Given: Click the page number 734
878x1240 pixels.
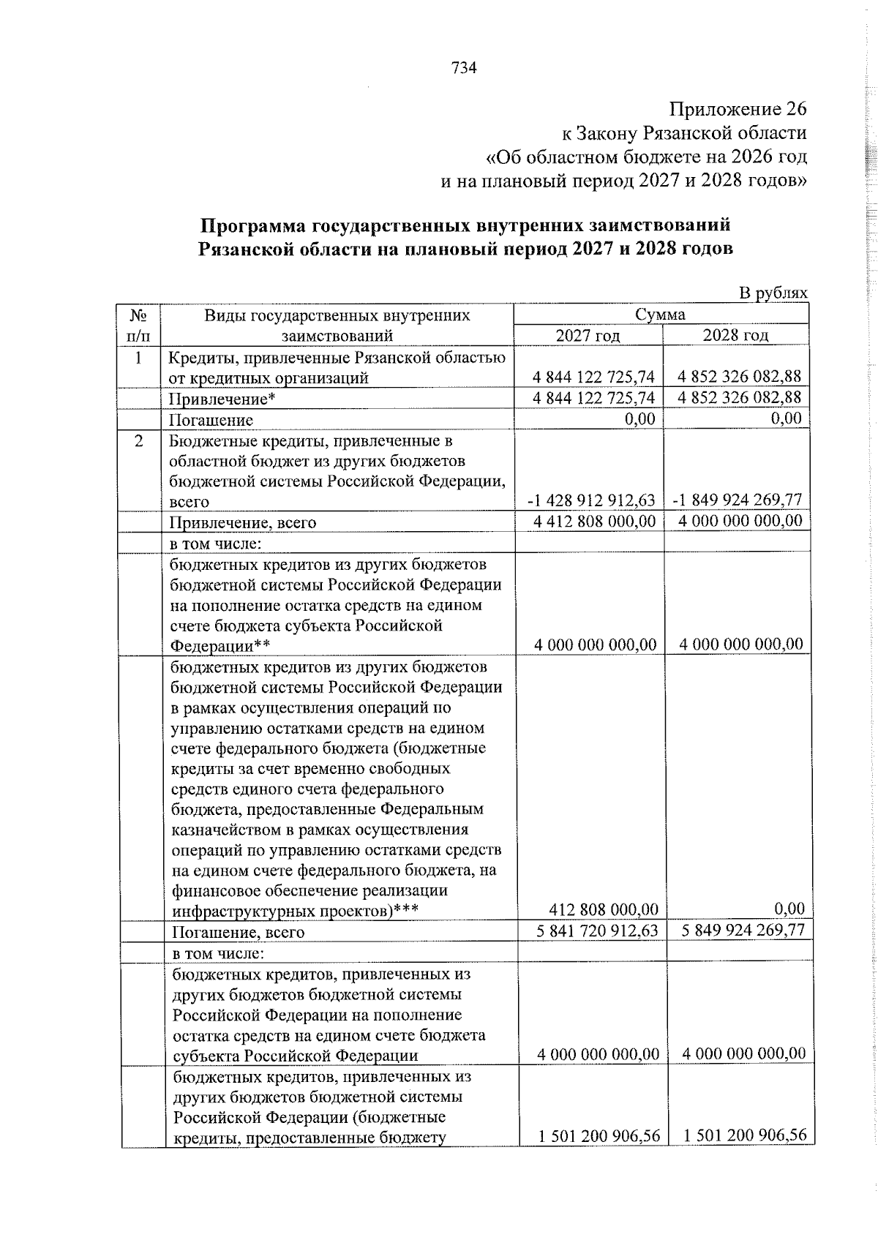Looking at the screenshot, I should [x=464, y=68].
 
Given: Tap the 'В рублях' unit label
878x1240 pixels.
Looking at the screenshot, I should [x=773, y=293].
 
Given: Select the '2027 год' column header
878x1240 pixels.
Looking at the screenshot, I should [x=588, y=335].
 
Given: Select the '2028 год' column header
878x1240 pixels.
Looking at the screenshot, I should [x=735, y=335].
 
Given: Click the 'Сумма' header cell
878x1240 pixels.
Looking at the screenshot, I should [x=660, y=315].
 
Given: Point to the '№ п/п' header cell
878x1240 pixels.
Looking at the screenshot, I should [x=138, y=325].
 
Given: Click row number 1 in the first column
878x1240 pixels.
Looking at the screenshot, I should [x=138, y=358].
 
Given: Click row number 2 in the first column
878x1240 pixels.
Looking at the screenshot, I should [x=138, y=441].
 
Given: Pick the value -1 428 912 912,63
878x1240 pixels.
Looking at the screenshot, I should [x=590, y=500].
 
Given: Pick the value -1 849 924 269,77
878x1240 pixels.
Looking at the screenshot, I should [x=737, y=500].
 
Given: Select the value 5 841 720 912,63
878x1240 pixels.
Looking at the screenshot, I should [x=597, y=930].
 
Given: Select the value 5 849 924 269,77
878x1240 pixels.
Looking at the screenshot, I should [x=743, y=930].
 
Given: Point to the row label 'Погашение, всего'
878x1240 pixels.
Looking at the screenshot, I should [x=238, y=932].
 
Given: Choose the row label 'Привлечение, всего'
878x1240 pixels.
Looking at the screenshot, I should [x=243, y=523].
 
